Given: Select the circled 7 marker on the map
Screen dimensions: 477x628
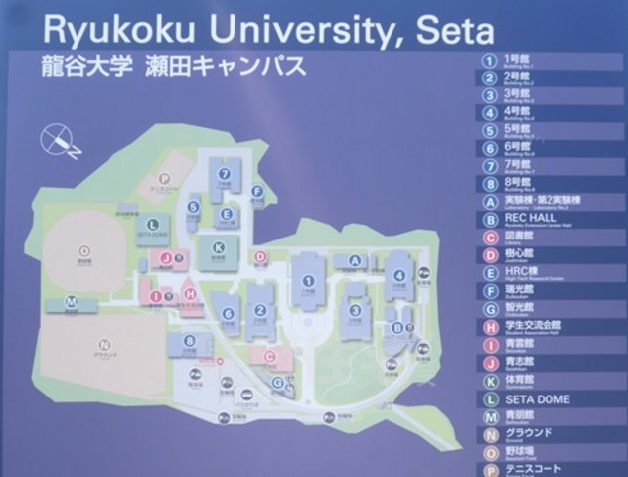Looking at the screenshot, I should click(226, 173).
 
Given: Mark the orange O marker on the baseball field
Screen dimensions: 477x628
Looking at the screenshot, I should click(84, 251).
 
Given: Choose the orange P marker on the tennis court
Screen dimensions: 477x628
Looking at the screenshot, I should click(179, 181).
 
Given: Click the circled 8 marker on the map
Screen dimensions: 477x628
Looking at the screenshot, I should click(190, 341).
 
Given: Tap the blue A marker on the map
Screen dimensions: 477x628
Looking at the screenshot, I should click(353, 260).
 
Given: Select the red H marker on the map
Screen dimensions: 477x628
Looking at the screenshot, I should click(189, 294).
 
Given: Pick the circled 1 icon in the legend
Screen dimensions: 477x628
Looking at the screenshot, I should click(489, 57).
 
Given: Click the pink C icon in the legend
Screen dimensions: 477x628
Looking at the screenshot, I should click(489, 237).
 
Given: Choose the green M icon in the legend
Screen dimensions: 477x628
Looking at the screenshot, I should click(489, 416).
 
